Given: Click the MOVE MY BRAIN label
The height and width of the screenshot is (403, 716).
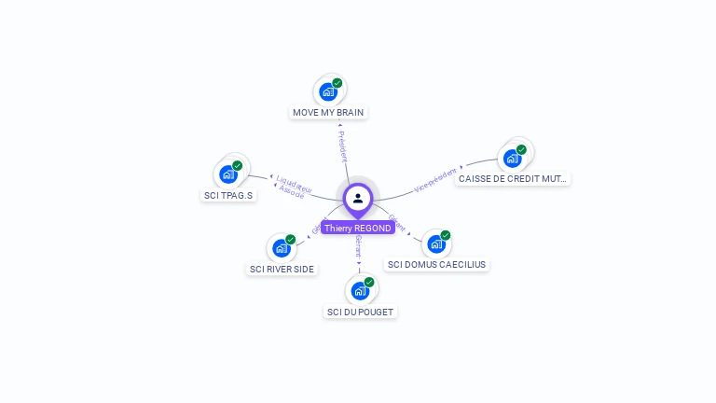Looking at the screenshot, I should coord(328,112).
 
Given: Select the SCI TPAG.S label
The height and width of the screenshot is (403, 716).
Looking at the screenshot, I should coord(227,195).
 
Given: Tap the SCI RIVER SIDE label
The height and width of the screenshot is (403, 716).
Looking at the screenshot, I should coord(282,269).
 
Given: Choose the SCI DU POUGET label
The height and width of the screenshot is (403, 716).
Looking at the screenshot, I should coord(360,312).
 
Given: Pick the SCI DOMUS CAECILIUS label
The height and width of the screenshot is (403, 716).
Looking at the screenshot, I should coord(436,264).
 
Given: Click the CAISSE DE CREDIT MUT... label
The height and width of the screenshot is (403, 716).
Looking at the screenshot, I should coord(512,178).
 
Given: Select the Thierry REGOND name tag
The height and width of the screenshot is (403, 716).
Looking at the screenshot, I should coord(358,228).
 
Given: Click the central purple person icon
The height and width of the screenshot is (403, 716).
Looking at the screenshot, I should coord(358,198).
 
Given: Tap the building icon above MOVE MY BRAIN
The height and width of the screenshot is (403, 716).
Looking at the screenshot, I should coord(327,91).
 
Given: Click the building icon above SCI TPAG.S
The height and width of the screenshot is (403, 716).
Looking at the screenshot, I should coord(227,174).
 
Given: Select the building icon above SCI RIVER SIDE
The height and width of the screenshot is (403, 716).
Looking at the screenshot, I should coord(281,248).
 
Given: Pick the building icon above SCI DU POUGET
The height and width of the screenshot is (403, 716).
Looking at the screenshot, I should coord(360,290).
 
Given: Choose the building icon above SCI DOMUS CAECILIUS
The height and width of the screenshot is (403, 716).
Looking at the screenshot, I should coord(435,244).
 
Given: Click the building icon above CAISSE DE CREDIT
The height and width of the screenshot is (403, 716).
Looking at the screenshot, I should coord(512,158).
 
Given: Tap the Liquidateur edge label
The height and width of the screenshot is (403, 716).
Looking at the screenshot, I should coord(295,182).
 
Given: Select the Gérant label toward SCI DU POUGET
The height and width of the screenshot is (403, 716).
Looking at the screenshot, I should coord(359,247).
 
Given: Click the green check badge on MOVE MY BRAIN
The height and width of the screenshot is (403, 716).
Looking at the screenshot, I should coord(337,83).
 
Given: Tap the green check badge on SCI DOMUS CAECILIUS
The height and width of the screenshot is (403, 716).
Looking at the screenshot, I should coord(446,235).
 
